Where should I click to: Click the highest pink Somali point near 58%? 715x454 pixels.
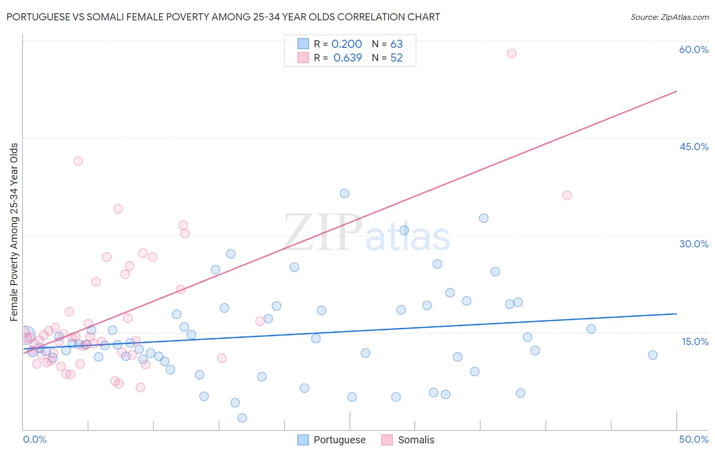point(512,53)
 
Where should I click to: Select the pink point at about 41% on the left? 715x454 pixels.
point(78,161)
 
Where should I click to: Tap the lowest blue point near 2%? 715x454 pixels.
point(242,418)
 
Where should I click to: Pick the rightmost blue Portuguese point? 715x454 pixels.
point(653,355)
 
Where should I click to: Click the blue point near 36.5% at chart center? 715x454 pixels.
point(344,193)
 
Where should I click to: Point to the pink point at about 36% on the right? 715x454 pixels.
point(567,195)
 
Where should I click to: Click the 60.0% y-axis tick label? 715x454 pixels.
point(694,49)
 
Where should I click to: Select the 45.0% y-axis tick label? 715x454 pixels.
point(694,147)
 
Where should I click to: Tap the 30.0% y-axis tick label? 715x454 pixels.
point(694,244)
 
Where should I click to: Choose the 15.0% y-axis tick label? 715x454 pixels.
point(695,342)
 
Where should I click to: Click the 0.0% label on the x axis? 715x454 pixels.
point(35,439)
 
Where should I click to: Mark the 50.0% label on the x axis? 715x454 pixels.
point(694,439)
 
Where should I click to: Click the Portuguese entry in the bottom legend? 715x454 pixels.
point(339,440)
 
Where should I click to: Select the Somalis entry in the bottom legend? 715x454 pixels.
point(416,440)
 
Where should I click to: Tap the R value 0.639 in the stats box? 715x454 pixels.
point(347,58)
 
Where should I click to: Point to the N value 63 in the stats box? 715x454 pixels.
point(397,44)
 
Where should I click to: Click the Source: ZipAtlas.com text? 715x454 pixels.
point(669,17)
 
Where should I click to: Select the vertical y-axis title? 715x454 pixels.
point(14,232)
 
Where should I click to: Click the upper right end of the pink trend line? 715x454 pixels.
point(676,92)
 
